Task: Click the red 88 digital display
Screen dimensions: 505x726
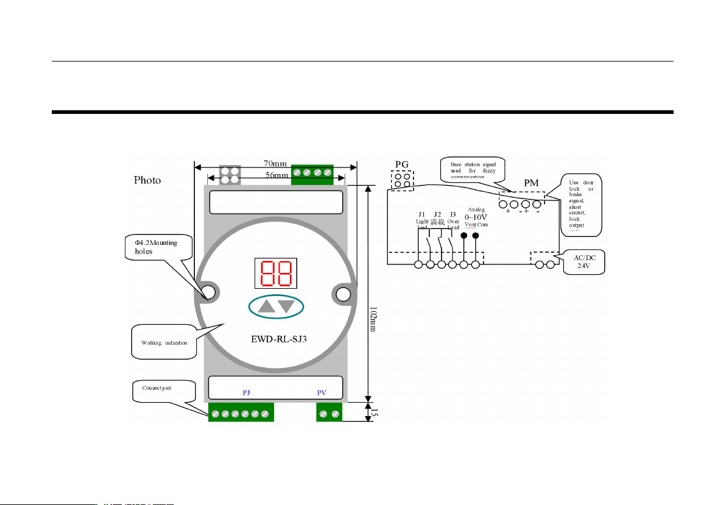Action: (x=276, y=274)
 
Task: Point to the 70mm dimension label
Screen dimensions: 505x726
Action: (x=275, y=163)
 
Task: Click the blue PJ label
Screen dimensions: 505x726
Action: (x=247, y=393)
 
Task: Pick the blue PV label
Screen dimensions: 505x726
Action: (x=322, y=393)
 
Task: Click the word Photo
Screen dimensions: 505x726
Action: (x=148, y=180)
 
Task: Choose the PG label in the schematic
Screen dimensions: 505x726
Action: (x=402, y=164)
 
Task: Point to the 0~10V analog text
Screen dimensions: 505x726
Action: (x=476, y=216)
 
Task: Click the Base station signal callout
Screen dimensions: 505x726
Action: (x=473, y=168)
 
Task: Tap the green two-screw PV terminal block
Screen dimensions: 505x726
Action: (x=328, y=414)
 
